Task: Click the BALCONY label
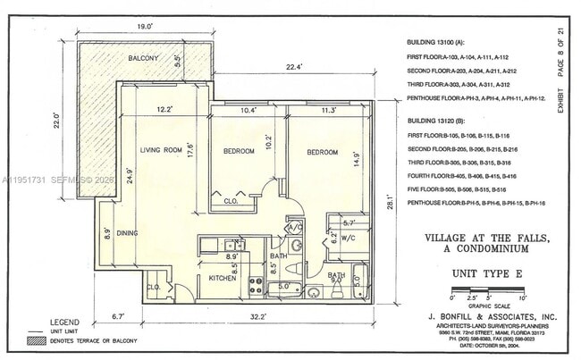143,58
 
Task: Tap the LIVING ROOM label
161,150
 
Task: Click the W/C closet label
349,238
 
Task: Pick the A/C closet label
296,228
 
